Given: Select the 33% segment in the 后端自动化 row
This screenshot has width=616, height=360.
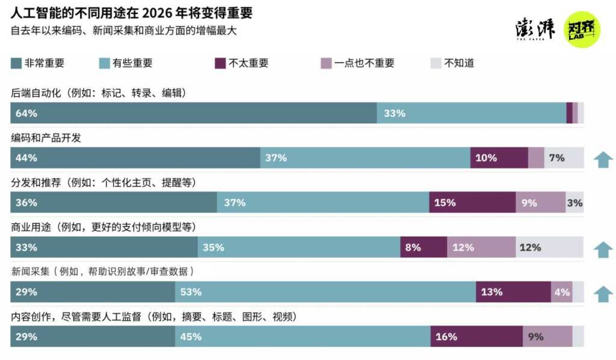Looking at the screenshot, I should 471,113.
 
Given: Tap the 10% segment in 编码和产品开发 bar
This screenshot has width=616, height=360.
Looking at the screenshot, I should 499,158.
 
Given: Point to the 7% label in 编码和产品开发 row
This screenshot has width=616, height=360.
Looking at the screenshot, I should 557,158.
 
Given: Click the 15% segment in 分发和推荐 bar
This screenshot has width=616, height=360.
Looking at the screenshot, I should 472,203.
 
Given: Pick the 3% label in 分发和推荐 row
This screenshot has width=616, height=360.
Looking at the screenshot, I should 574,203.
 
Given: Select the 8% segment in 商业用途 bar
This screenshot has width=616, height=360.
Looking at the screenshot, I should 423,247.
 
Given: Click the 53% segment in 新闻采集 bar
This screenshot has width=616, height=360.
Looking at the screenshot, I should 325,292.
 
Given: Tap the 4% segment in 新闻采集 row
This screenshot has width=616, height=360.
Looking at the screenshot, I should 562,292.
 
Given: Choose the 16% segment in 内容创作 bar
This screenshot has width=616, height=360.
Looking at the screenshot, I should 476,337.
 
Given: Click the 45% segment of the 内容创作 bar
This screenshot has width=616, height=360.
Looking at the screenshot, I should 303,337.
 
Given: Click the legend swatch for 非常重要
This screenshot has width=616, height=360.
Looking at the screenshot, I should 16,63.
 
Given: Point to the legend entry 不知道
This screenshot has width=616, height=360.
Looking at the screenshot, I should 459,63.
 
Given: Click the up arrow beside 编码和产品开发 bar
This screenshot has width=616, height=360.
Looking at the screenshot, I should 603,159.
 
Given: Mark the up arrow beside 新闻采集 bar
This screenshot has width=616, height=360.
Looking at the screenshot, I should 603,293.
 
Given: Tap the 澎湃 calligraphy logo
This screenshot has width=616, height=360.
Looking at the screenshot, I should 535,29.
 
